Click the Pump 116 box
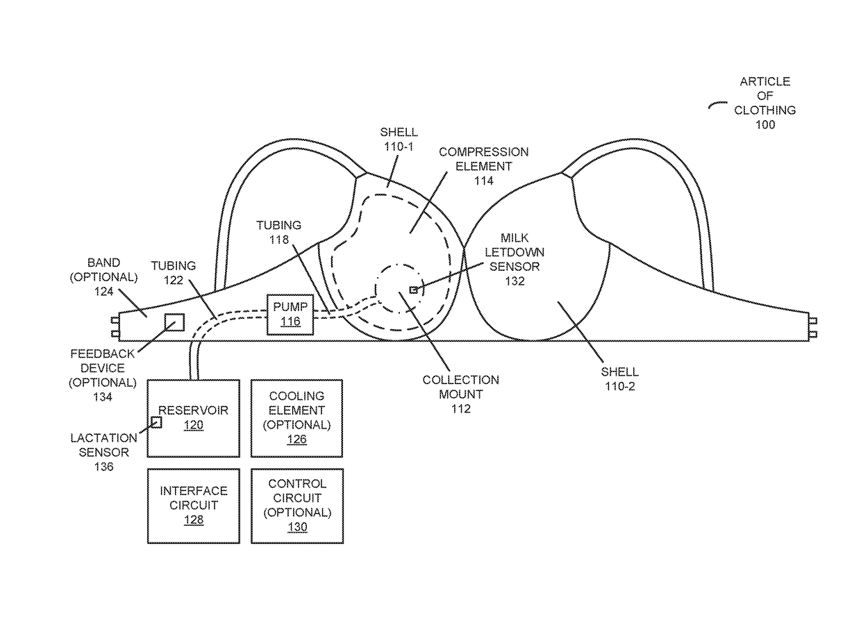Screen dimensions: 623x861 290,314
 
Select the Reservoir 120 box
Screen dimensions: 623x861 193,417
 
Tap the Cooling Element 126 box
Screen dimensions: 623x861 296,417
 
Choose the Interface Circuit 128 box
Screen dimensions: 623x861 193,505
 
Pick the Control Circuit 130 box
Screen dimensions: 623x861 296,505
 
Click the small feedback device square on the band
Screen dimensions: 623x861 174,322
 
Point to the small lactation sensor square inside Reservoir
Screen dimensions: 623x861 156,422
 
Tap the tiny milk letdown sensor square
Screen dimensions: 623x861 413,290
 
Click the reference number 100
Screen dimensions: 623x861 764,125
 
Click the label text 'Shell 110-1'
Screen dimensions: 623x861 399,139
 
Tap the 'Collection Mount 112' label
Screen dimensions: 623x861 460,394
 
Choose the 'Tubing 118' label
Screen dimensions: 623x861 278,232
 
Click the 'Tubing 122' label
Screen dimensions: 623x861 174,272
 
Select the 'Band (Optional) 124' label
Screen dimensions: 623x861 103,277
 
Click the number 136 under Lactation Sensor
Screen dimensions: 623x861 103,467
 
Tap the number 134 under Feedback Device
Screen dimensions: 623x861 102,397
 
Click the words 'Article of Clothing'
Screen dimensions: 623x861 764,96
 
